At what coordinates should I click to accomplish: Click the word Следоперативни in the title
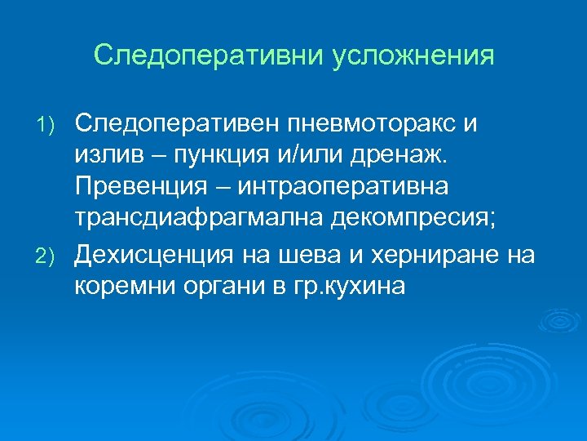point(210,56)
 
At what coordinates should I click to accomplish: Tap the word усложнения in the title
point(415,56)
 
